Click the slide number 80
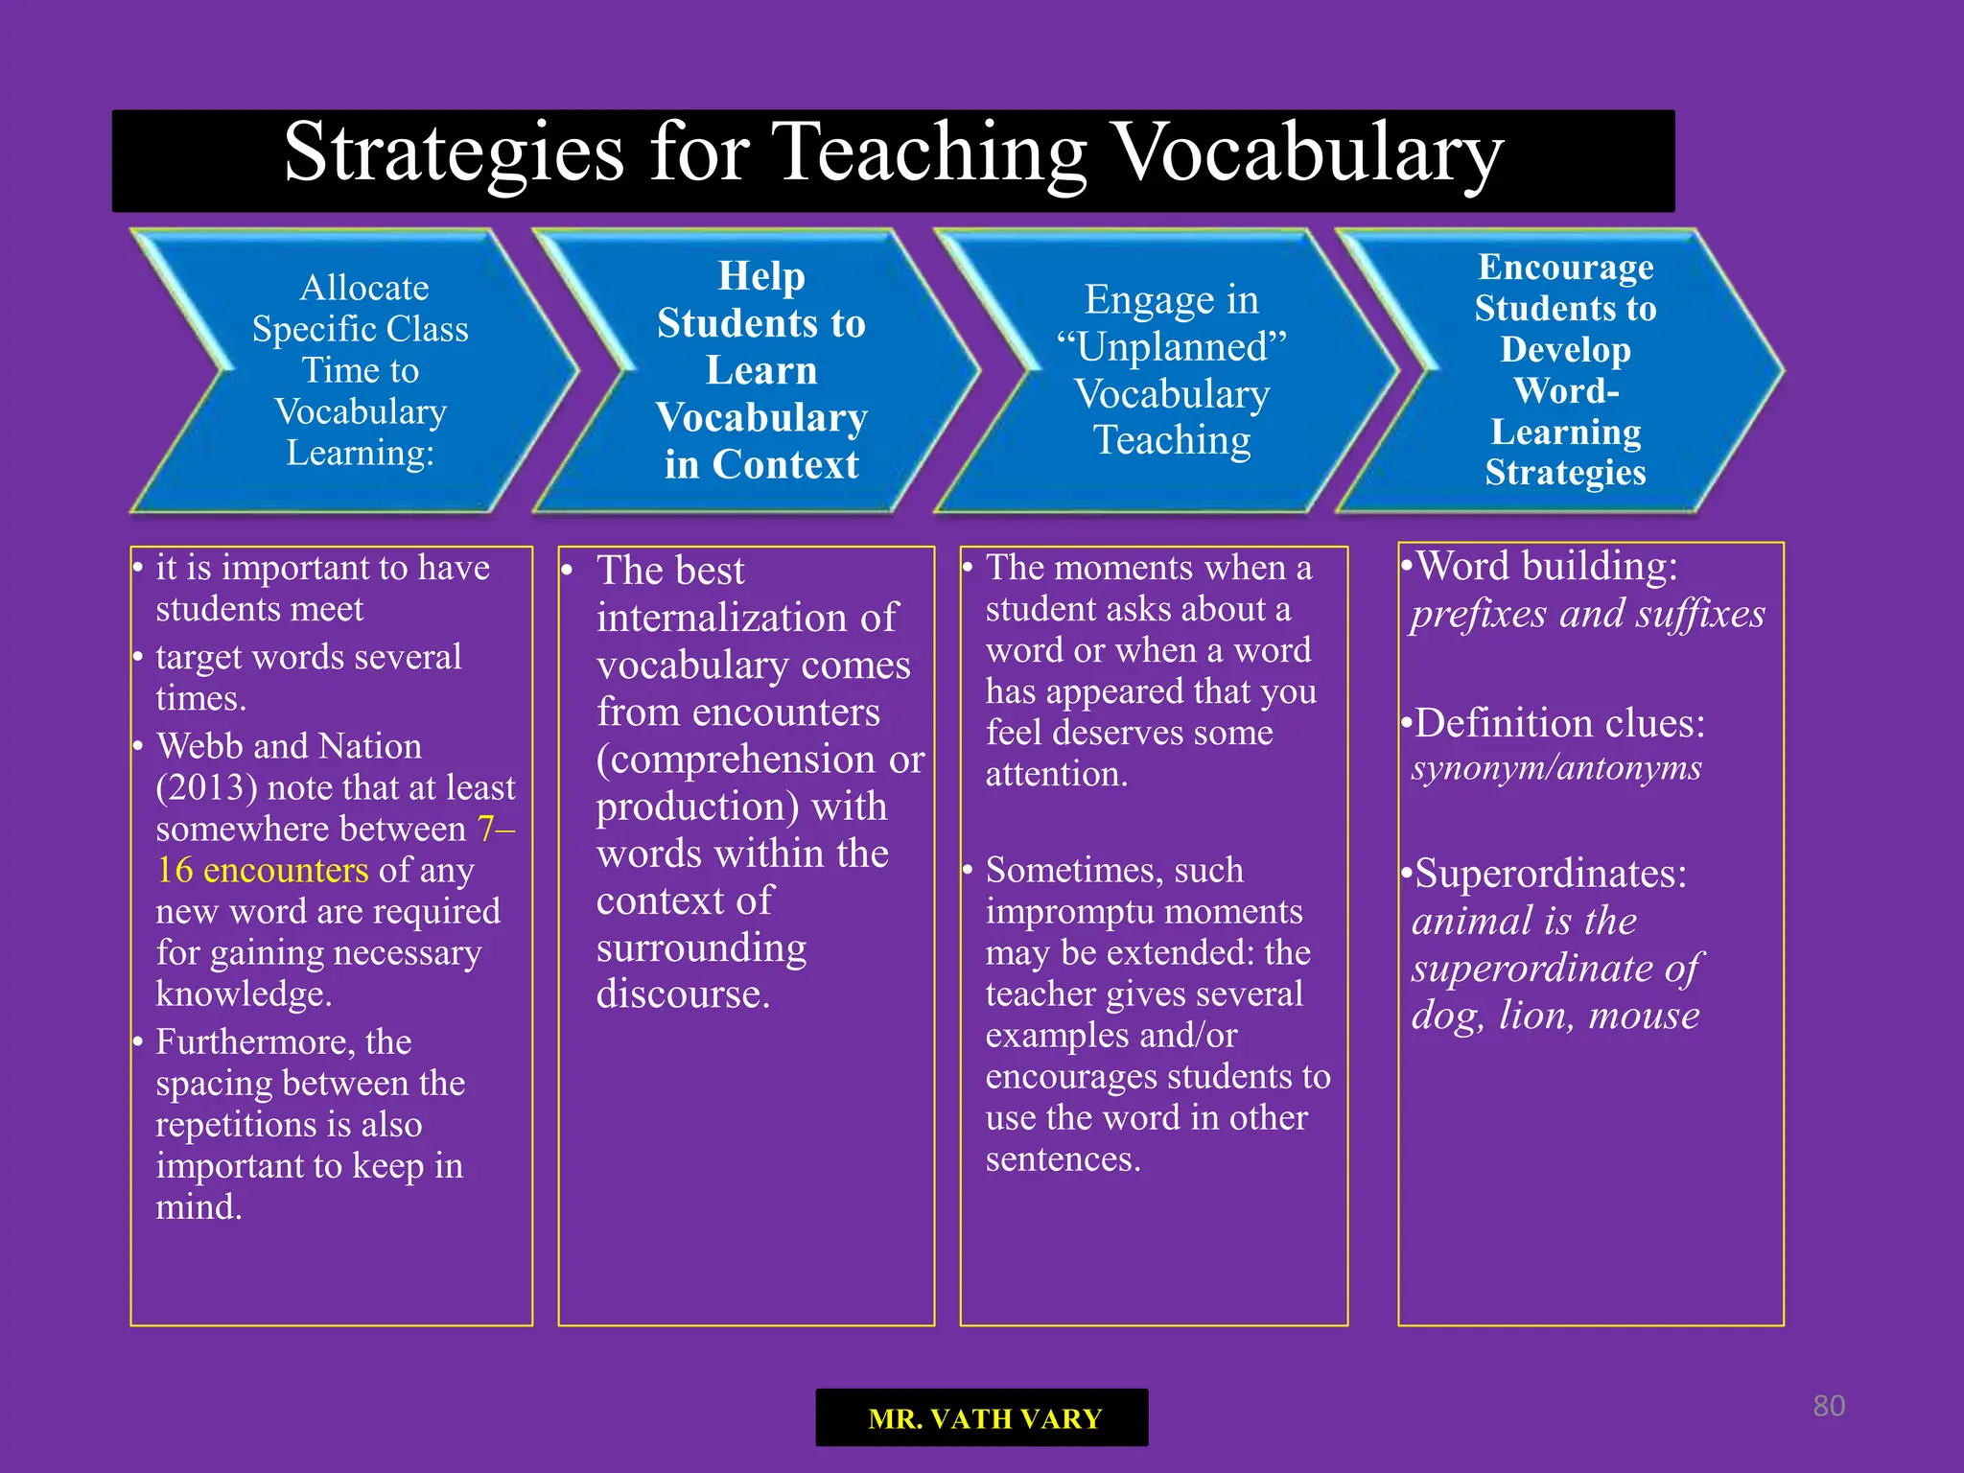1829,1406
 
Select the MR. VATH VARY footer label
984,1418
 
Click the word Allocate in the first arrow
364,288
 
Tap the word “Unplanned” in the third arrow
1171,347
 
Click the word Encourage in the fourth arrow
1565,268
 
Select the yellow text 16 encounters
262,871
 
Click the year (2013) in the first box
206,788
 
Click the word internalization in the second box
746,619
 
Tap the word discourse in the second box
682,994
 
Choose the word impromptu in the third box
1143,912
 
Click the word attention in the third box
1056,775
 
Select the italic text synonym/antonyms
1555,768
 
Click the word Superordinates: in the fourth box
1550,875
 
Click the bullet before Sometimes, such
968,871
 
